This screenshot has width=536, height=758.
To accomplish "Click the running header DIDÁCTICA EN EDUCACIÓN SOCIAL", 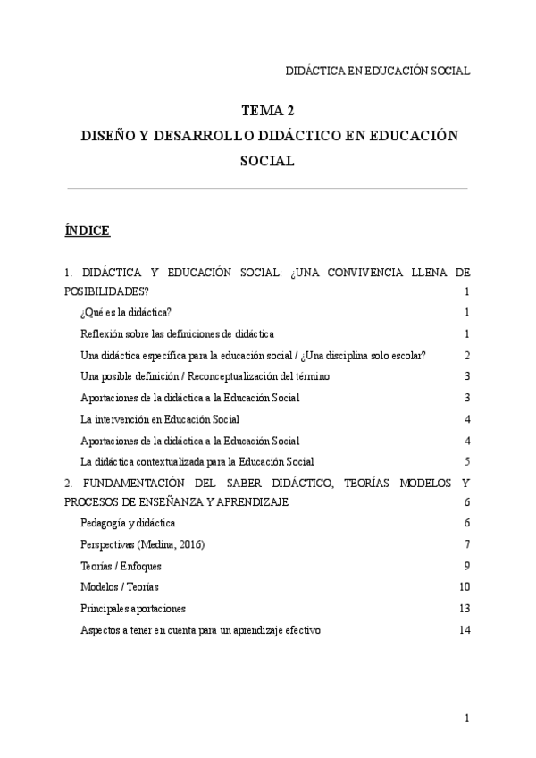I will point(376,71).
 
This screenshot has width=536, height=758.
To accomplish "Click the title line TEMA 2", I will point(268,112).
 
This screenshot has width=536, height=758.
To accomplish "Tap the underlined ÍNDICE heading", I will point(87,232).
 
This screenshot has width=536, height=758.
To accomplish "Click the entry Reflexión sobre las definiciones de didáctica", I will point(177,333).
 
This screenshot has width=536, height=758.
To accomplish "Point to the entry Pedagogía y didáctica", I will point(128,523).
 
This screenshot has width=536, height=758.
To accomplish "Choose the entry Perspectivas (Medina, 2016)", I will point(142,544).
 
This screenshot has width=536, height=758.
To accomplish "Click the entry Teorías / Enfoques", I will point(121,566).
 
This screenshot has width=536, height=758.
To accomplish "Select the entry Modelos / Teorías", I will point(118,587).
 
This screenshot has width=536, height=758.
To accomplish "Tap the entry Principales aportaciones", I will point(133,609).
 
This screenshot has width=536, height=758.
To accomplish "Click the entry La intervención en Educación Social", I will point(160,419).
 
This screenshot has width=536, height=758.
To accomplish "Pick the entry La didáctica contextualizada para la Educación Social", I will point(197,462).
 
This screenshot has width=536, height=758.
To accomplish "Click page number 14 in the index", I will point(464,630).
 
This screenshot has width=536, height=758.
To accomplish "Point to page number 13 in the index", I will point(464,609).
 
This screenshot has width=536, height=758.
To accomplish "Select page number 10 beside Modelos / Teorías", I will point(464,587).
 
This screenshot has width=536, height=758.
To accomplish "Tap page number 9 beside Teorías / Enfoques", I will point(466,566).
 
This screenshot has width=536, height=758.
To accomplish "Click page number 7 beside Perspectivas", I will point(466,544).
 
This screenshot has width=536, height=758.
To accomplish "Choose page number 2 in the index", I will point(466,355).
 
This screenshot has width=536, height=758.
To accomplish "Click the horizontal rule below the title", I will point(268,189).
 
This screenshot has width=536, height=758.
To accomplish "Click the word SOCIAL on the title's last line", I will point(268,162).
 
